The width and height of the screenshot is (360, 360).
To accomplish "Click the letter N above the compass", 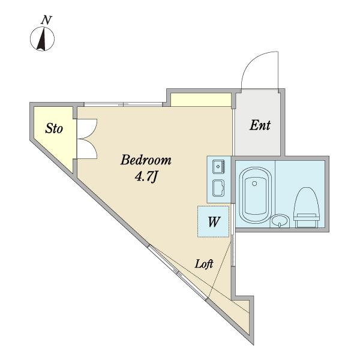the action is [46, 20].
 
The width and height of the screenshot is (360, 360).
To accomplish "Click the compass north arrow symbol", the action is [42, 39].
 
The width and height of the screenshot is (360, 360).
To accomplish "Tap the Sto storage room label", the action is [54, 128].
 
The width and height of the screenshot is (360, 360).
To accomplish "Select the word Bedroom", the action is [146, 160].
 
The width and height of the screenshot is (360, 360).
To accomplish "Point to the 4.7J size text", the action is [146, 177].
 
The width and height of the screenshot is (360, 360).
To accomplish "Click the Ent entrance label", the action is [260, 125].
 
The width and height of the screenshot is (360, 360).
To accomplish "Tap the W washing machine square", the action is [214, 221].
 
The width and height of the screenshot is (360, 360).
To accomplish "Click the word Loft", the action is [204, 264].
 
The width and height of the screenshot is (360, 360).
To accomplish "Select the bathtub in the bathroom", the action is [256, 195].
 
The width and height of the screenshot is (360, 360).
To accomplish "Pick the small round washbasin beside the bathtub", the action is [280, 221].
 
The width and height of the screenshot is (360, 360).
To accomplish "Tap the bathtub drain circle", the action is [254, 184].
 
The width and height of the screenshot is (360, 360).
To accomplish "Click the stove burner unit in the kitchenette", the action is [218, 167].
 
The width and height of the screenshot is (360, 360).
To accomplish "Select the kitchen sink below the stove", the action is [218, 188].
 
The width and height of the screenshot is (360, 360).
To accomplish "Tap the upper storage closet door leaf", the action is [87, 129].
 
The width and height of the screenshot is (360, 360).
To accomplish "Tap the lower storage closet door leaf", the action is [87, 148].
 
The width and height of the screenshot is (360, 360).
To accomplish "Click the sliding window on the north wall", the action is [123, 104].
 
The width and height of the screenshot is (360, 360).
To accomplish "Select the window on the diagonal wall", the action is [178, 272].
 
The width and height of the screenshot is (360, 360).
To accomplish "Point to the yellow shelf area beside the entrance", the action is [201, 100].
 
